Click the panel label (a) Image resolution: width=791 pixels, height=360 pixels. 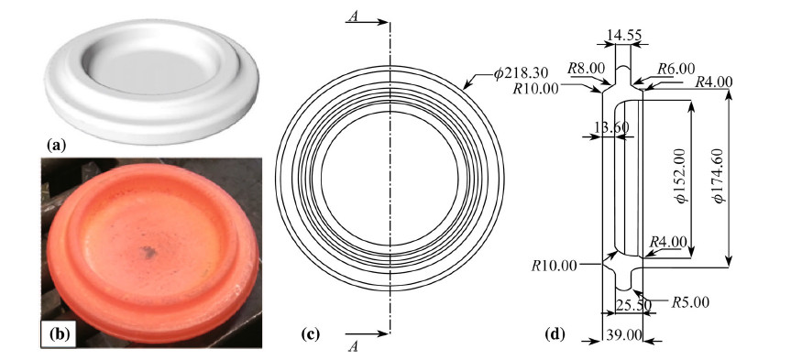point(56,147)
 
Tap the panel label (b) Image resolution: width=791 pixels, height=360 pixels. point(59,333)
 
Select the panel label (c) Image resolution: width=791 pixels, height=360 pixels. point(310,333)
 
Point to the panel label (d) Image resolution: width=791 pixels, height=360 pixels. point(555,333)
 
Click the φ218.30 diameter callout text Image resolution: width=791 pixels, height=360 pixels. point(521,74)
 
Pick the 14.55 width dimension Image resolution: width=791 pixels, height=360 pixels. point(624,36)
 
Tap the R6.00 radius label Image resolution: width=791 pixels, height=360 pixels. point(676,69)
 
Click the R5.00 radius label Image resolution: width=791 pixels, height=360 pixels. point(690,302)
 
